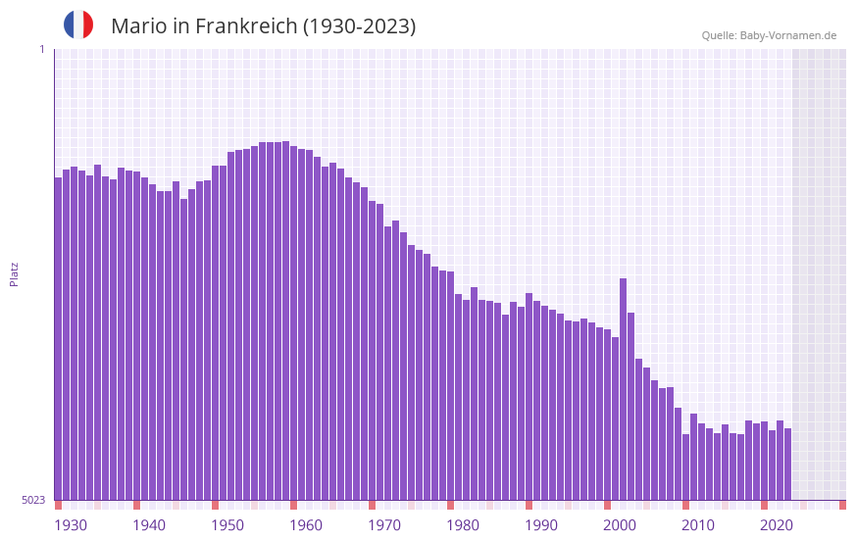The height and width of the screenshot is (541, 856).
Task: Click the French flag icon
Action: pyautogui.click(x=78, y=25)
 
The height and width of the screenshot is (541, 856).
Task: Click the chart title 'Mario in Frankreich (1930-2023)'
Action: pyautogui.click(x=263, y=26)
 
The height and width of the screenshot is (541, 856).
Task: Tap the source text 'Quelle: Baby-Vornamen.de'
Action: pyautogui.click(x=769, y=35)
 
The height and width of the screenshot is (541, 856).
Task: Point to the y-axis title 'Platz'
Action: pyautogui.click(x=14, y=273)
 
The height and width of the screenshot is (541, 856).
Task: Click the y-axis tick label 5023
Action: pyautogui.click(x=33, y=500)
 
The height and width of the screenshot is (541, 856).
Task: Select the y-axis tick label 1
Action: pyautogui.click(x=41, y=49)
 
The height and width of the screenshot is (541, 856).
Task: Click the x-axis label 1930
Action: pyautogui.click(x=71, y=525)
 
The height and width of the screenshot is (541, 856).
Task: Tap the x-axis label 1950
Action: pyautogui.click(x=227, y=525)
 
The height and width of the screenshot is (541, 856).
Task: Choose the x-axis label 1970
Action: pyautogui.click(x=384, y=525)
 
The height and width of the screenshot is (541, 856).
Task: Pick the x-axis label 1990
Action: pyautogui.click(x=541, y=525)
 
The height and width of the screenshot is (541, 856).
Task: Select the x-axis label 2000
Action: pyautogui.click(x=620, y=525)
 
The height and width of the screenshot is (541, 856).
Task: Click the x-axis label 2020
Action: pyautogui.click(x=777, y=525)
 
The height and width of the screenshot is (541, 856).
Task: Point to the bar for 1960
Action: pyautogui.click(x=293, y=322)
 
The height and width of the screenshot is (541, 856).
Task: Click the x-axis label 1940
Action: pyautogui.click(x=149, y=525)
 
